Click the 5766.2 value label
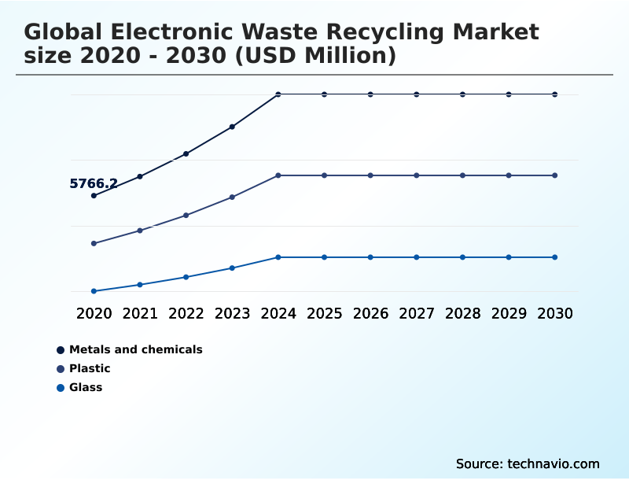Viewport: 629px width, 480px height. pyautogui.click(x=94, y=184)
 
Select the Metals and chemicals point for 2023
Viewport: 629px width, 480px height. pyautogui.click(x=232, y=127)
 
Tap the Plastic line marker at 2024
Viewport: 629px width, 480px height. pyautogui.click(x=278, y=175)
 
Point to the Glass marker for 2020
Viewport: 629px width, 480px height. pyautogui.click(x=94, y=291)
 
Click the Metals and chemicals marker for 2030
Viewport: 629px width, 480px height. pyautogui.click(x=555, y=94)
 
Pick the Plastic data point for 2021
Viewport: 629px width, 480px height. pyautogui.click(x=140, y=231)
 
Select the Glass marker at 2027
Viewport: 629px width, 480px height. pyautogui.click(x=417, y=257)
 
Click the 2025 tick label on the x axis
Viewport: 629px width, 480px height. pyautogui.click(x=324, y=313)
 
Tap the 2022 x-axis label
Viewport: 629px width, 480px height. pyautogui.click(x=186, y=313)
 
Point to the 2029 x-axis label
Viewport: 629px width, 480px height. pyautogui.click(x=509, y=313)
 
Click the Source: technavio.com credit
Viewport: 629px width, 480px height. pyautogui.click(x=528, y=463)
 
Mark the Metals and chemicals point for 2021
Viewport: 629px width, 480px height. pyautogui.click(x=140, y=176)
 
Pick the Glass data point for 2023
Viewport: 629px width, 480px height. pyautogui.click(x=232, y=268)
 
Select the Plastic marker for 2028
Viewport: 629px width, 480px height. pyautogui.click(x=462, y=175)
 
